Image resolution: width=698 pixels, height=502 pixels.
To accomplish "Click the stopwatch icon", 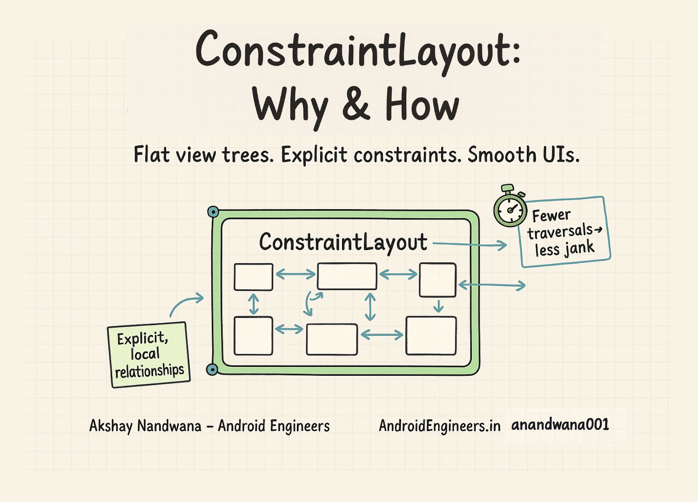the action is click(x=510, y=209).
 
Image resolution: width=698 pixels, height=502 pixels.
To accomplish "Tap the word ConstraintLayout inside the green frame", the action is click(x=343, y=242).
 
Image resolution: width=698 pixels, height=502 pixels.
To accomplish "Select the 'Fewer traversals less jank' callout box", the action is click(x=564, y=232).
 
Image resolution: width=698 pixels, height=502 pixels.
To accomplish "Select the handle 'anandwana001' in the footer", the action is click(x=560, y=425).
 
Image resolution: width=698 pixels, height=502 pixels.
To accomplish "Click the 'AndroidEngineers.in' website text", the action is click(x=439, y=426).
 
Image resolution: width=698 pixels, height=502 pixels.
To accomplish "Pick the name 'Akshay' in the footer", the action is click(x=111, y=426).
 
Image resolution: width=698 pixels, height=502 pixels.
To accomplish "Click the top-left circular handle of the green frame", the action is click(x=213, y=212).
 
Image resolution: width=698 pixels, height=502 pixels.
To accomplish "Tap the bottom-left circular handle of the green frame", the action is click(x=212, y=370).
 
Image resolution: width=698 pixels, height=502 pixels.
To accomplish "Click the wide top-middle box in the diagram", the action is click(x=347, y=276).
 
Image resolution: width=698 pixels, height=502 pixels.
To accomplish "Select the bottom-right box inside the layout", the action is click(x=431, y=336).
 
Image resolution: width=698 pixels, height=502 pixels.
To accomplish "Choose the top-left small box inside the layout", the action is click(x=253, y=277).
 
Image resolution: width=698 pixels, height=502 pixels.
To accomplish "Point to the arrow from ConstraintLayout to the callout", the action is click(x=470, y=244).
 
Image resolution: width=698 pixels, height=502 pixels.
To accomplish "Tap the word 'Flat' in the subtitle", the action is click(x=151, y=155).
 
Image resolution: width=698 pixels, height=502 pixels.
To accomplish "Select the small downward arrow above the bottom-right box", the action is click(x=438, y=306).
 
